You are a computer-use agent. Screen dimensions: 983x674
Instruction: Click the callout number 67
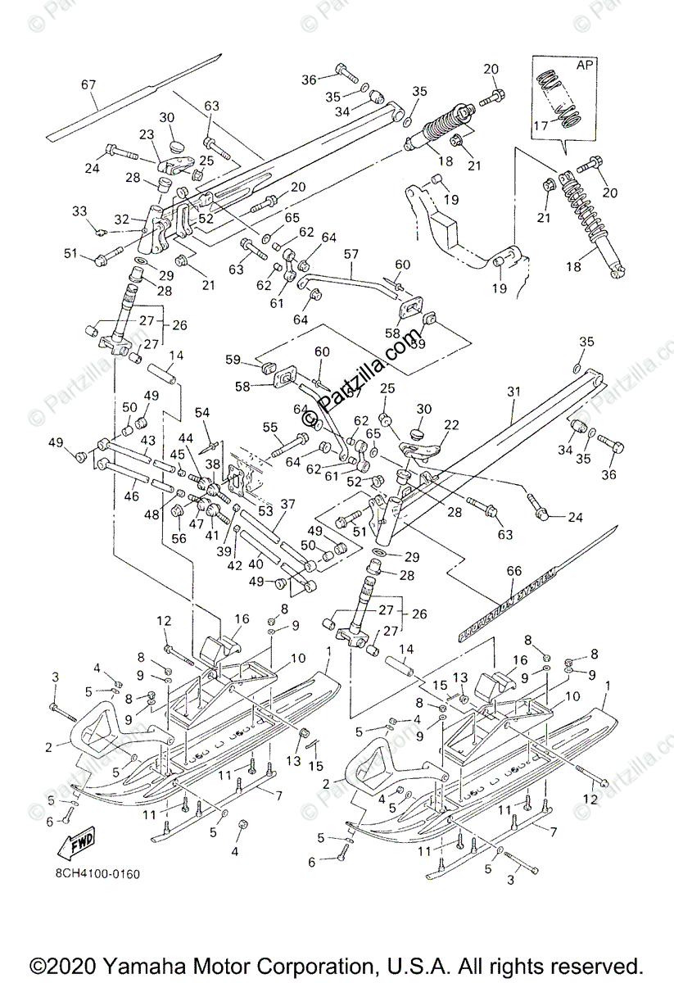[88, 84]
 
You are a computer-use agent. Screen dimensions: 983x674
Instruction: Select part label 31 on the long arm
[513, 392]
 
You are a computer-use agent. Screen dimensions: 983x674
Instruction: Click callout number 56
[179, 538]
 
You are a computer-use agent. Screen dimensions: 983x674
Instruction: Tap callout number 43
[147, 440]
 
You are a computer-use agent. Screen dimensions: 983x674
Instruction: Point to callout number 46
[129, 496]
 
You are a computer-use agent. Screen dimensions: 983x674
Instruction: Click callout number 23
[147, 135]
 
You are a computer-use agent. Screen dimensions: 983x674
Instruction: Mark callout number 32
[122, 219]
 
